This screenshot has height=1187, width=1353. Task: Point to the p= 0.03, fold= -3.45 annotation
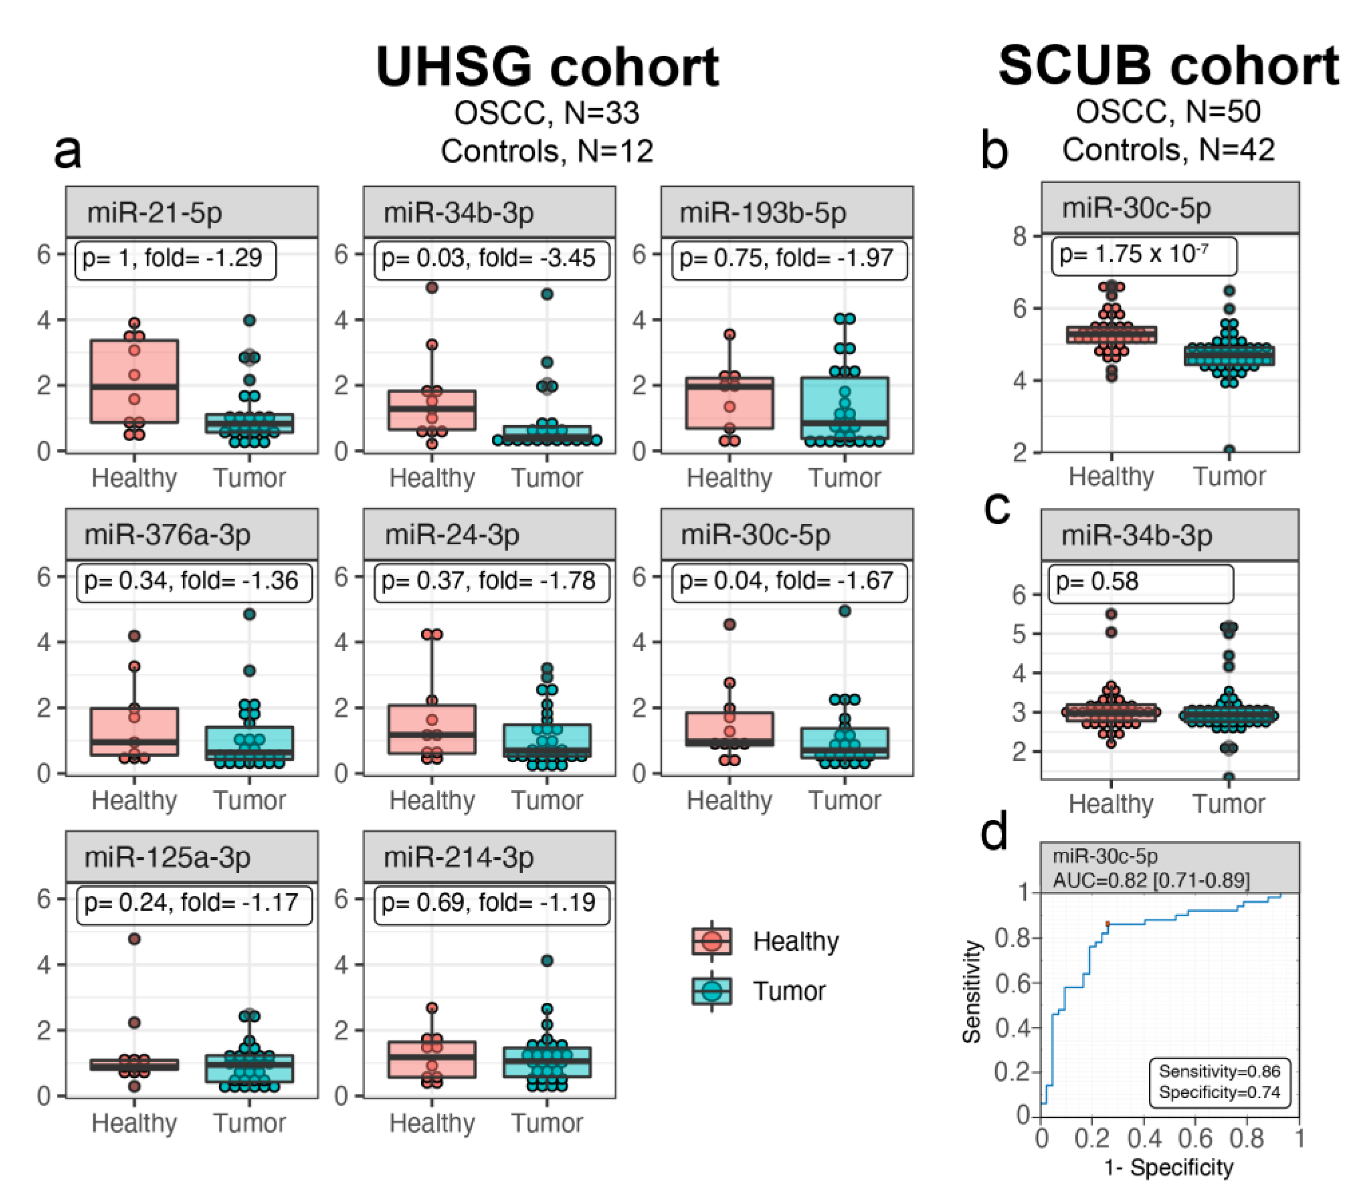point(488,258)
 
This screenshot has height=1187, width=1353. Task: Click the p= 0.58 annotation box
point(1140,582)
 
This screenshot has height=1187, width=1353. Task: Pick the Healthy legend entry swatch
point(712,941)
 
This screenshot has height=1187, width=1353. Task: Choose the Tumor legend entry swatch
point(712,991)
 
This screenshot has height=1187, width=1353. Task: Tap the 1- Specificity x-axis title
point(1168,1166)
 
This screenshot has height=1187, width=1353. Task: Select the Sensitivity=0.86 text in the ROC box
point(1219,1071)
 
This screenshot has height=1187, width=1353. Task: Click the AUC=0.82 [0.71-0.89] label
point(1151,880)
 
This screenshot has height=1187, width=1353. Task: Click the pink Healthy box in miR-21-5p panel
point(135,381)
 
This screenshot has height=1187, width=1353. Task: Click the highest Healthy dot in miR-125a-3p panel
point(135,939)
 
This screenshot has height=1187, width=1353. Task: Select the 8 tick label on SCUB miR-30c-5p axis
point(1019,236)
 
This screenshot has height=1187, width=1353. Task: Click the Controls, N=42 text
point(1168,150)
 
